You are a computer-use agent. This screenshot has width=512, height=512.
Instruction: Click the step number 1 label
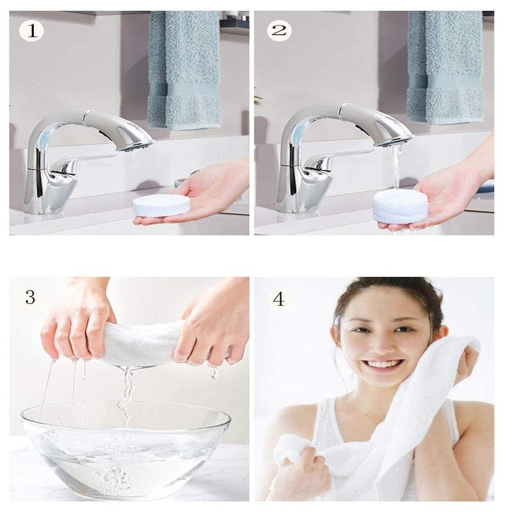(x=31, y=30)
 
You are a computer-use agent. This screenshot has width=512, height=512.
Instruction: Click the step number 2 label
(x=280, y=30)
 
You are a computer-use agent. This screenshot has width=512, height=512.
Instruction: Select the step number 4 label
(x=278, y=299)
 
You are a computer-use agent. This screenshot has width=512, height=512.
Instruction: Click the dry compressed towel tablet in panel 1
(x=161, y=205)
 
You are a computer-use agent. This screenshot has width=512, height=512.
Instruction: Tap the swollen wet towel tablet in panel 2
(x=401, y=206)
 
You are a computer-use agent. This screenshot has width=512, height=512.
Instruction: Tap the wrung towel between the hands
(x=141, y=346)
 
